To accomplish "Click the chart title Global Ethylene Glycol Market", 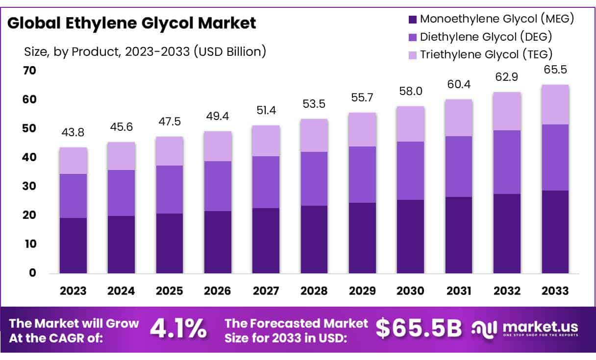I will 132,23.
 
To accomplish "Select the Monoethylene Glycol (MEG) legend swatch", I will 412,20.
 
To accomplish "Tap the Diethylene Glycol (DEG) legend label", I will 486,36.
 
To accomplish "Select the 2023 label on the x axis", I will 73,290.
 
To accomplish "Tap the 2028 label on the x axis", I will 314,290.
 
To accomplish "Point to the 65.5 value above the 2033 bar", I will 555,70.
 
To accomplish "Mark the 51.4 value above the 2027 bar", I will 266,110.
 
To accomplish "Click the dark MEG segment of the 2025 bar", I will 170,243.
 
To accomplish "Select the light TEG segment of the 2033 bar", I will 555,104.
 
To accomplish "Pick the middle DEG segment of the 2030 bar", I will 411,170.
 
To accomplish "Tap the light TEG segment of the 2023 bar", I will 73,161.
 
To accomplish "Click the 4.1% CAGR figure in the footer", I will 178,330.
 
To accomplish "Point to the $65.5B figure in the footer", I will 419,330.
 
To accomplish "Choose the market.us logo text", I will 539,327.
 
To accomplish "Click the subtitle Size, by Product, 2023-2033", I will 145,51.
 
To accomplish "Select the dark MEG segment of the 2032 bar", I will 507,233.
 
